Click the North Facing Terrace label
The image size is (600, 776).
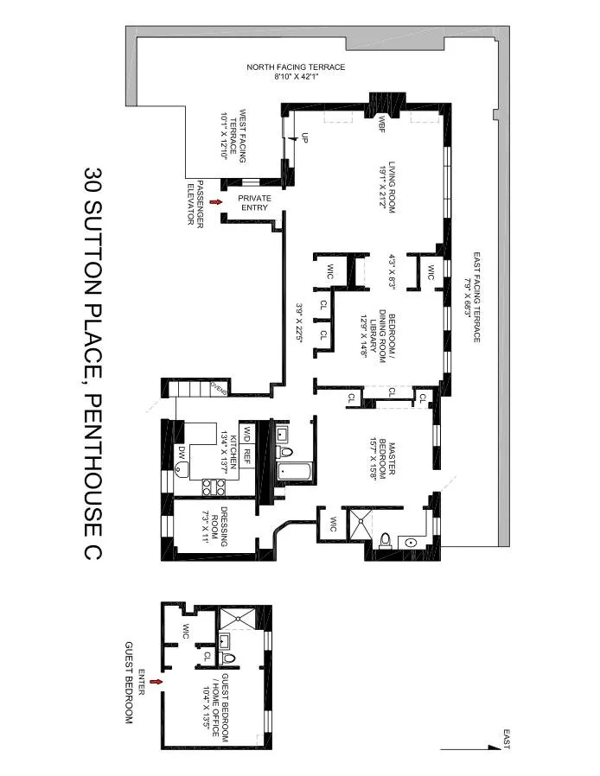[297, 71]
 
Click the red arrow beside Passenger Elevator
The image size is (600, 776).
[204, 201]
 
